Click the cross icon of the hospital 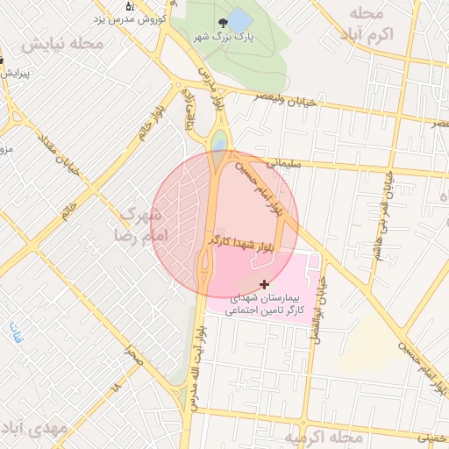point(264,284)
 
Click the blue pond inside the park point(241,20)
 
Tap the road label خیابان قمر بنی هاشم point(388,202)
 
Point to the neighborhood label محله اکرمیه point(324,436)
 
